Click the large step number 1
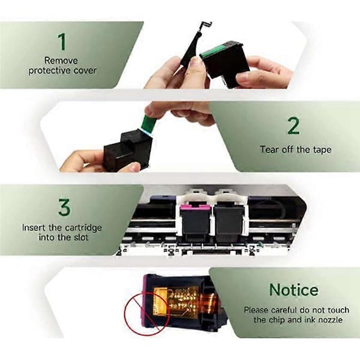coord(62,41)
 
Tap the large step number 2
coord(293,126)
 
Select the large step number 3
coord(64,208)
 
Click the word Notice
coord(293,290)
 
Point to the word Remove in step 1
coord(61,61)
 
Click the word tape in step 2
coord(322,150)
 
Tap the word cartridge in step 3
coord(83,228)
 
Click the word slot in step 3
coord(81,238)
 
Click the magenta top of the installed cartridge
coord(195,208)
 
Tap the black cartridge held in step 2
coord(128,150)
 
